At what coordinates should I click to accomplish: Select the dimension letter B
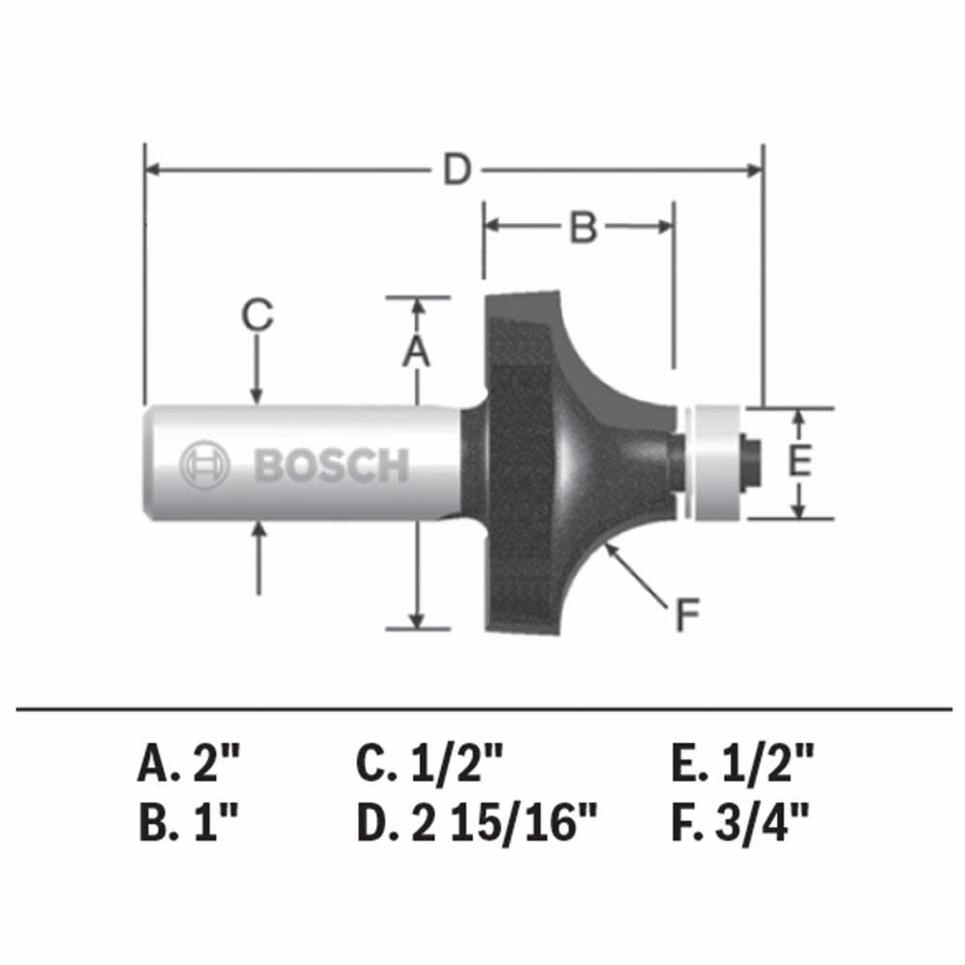582,228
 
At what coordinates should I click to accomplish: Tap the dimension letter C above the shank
257,316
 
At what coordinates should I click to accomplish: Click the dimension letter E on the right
798,462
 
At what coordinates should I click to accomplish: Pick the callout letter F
686,615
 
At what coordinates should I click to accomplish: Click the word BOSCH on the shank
331,466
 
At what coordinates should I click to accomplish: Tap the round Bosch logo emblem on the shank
204,466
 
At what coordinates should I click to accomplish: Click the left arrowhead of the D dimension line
152,171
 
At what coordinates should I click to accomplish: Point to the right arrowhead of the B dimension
665,227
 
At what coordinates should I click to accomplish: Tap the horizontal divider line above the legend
482,711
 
